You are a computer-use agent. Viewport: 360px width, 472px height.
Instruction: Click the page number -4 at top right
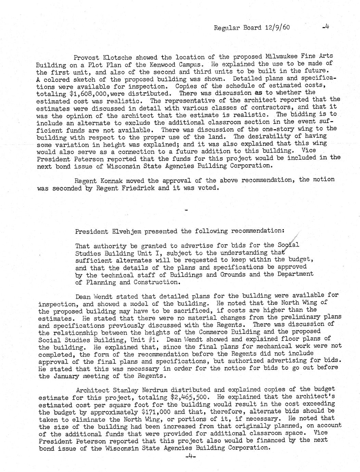(325, 27)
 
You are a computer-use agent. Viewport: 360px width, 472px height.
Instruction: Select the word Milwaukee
(283, 56)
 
